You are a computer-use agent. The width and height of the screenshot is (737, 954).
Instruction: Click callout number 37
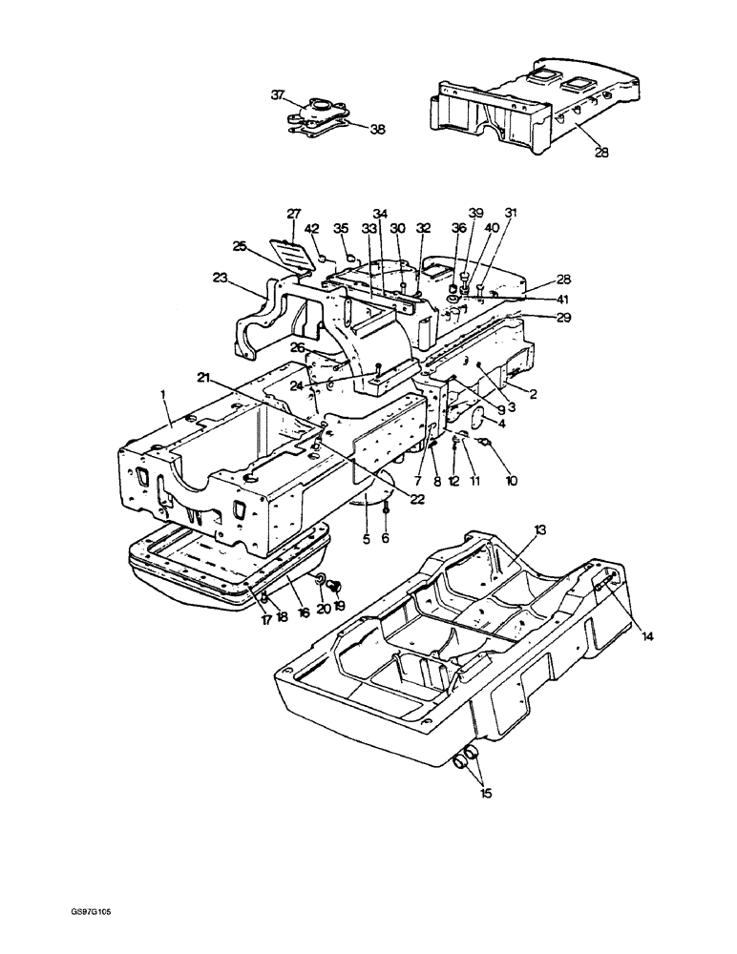tap(278, 94)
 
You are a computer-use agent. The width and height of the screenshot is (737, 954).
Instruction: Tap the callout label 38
tap(378, 129)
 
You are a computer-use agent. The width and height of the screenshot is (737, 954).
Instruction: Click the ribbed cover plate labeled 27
tap(295, 255)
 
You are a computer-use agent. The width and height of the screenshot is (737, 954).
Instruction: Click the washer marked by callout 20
tap(320, 580)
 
